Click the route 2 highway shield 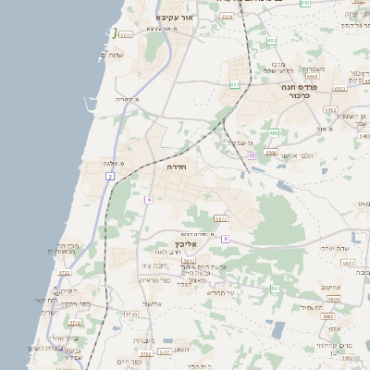click(110, 176)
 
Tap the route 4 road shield click(148, 199)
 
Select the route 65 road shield click(252, 155)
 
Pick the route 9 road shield click(225, 239)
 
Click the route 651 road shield click(235, 84)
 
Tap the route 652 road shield click(272, 41)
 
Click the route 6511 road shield click(125, 34)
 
